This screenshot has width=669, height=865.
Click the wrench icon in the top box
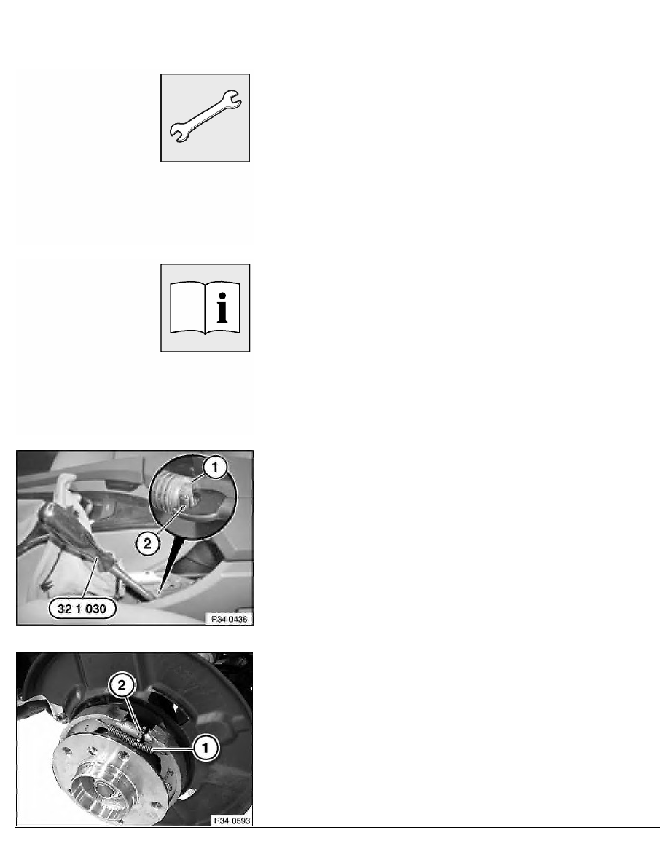(205, 116)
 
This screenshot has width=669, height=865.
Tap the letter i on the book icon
(222, 308)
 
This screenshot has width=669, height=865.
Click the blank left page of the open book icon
(188, 308)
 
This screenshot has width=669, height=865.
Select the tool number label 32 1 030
(82, 609)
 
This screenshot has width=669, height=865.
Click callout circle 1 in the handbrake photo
(215, 467)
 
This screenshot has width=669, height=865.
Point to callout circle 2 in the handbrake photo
(147, 544)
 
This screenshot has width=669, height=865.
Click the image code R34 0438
(229, 619)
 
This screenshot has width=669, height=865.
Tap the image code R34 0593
(232, 821)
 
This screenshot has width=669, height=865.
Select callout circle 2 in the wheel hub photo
(122, 686)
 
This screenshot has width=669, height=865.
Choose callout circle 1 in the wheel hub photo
(206, 748)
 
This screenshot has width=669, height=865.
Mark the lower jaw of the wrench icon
(179, 133)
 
